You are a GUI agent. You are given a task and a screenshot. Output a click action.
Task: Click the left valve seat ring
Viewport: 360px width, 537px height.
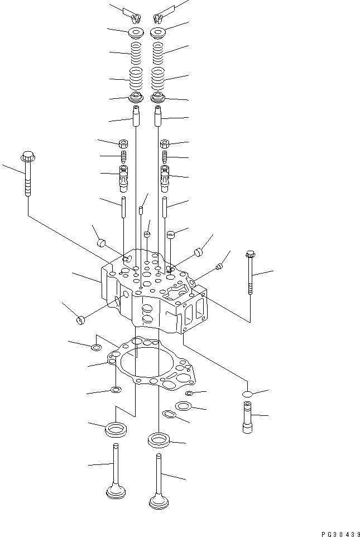tap(115, 429)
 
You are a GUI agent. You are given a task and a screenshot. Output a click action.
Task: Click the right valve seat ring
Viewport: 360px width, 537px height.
tap(159, 439)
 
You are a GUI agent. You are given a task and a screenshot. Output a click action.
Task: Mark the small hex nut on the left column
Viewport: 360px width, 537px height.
tap(124, 143)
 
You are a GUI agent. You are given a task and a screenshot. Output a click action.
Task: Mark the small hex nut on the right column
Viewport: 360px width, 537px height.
tap(165, 143)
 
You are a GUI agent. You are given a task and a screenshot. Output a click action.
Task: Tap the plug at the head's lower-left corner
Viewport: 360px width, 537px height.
tap(80, 319)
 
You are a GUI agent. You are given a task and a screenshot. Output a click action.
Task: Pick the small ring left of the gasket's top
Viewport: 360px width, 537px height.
tap(97, 348)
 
